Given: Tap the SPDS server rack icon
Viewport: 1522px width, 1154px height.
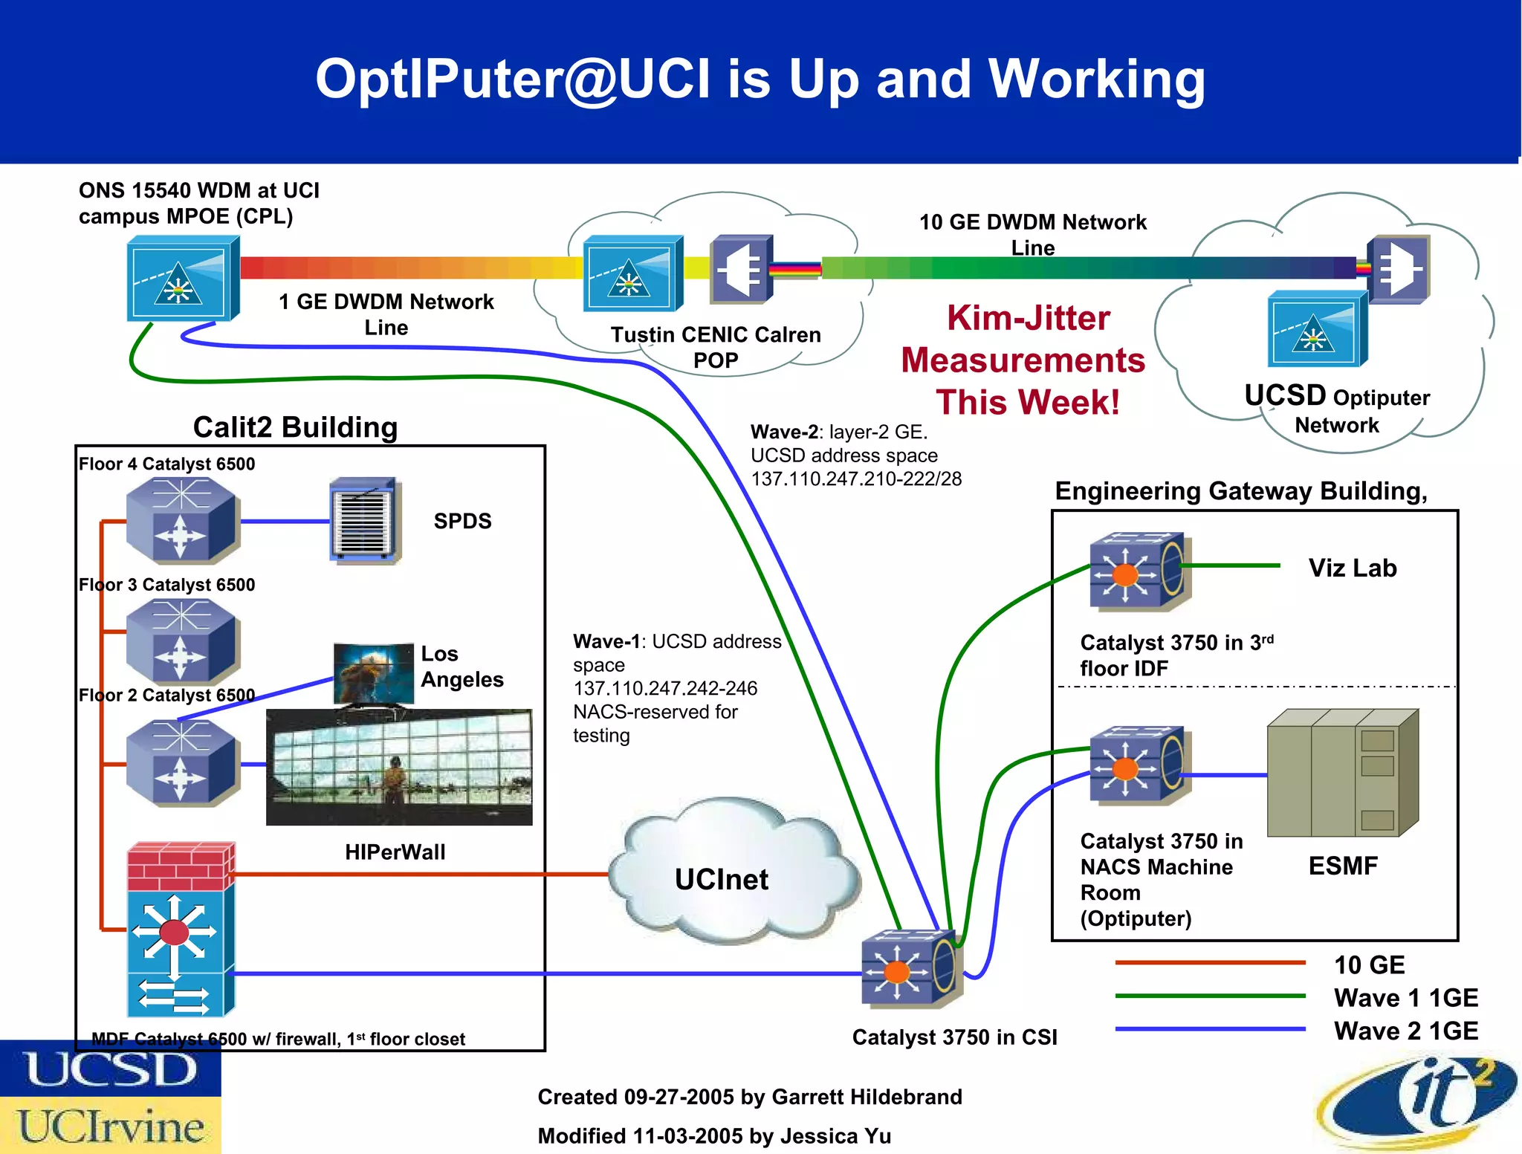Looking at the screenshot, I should coord(365,521).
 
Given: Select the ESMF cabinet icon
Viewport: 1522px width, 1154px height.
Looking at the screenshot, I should coord(1342,773).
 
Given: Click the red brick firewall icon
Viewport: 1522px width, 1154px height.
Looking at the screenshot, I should coord(181,866).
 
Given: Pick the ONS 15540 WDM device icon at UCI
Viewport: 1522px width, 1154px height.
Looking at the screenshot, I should coord(182,278).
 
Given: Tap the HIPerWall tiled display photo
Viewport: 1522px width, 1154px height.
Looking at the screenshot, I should coord(399,767).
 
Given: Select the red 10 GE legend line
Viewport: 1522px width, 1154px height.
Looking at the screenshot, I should coord(1209,963).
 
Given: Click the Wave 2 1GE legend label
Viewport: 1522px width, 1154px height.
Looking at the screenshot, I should coord(1405,1031).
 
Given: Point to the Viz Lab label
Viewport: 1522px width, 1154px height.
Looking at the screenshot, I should coord(1352,568).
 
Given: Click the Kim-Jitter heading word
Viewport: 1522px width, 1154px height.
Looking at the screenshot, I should coord(1028,318).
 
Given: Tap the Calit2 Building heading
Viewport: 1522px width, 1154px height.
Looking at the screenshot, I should coord(295,427).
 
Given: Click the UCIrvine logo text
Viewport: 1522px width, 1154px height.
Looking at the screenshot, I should coord(111,1126).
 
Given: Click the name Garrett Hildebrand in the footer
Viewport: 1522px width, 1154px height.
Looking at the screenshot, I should coord(867,1097).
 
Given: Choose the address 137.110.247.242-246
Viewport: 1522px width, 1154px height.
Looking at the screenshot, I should coord(665,688).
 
